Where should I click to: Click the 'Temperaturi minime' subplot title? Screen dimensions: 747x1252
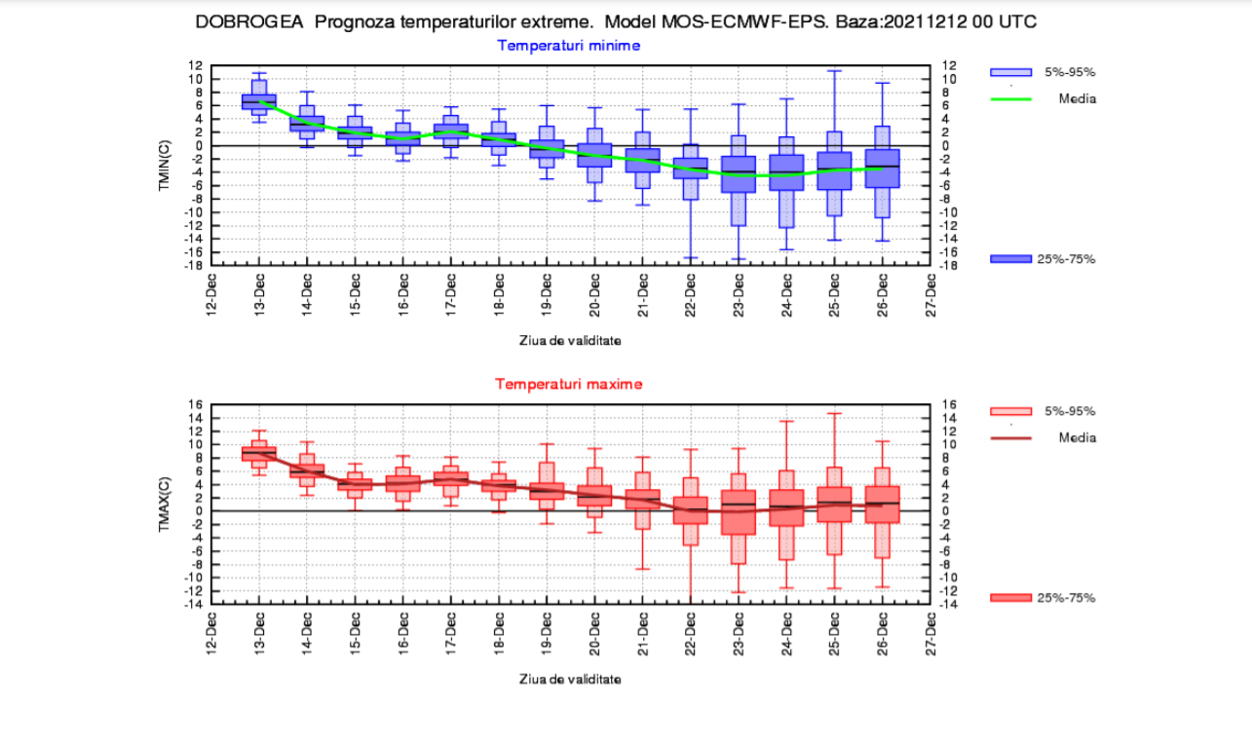point(568,45)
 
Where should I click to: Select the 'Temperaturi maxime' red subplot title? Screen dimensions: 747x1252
point(568,384)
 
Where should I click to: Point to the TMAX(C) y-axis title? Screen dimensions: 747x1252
point(165,504)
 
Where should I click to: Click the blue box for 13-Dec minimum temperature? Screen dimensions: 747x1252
point(258,101)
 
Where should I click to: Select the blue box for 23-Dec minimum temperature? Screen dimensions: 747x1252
point(739,173)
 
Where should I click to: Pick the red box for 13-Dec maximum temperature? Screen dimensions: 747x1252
point(258,453)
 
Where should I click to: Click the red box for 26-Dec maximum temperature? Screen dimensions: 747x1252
point(882,504)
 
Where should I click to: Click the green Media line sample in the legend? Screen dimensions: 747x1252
point(1010,98)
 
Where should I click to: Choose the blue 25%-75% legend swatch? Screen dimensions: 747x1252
point(1010,258)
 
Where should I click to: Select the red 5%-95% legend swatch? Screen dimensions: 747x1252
point(1010,411)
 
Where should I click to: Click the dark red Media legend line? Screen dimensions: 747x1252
point(1010,437)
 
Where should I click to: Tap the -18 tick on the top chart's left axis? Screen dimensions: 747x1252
point(195,265)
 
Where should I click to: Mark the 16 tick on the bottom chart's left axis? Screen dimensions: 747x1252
point(196,404)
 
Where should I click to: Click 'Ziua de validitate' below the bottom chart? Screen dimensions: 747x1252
point(568,679)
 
